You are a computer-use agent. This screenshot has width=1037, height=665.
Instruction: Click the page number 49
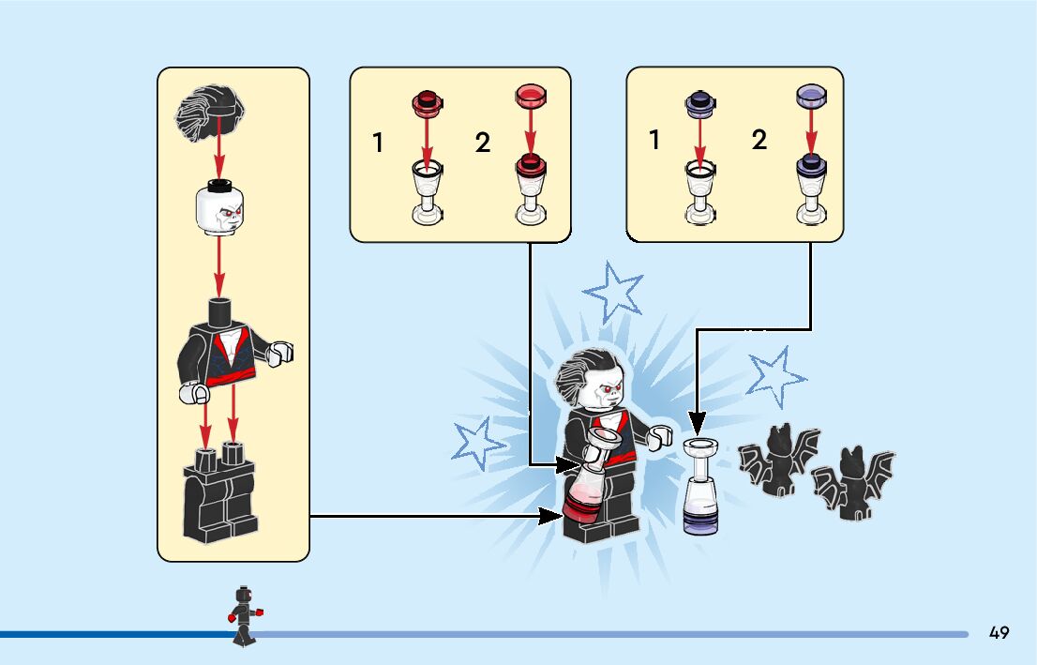pos(999,633)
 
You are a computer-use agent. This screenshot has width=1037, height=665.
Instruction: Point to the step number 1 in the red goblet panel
pos(378,144)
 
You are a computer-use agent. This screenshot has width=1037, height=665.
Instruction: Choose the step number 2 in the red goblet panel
pos(482,144)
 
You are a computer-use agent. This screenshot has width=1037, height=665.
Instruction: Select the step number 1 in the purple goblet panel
pos(654,141)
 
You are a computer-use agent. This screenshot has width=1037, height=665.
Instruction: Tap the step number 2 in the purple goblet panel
pos(759,141)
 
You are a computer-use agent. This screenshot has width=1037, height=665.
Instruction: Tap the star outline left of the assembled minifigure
pos(480,442)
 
